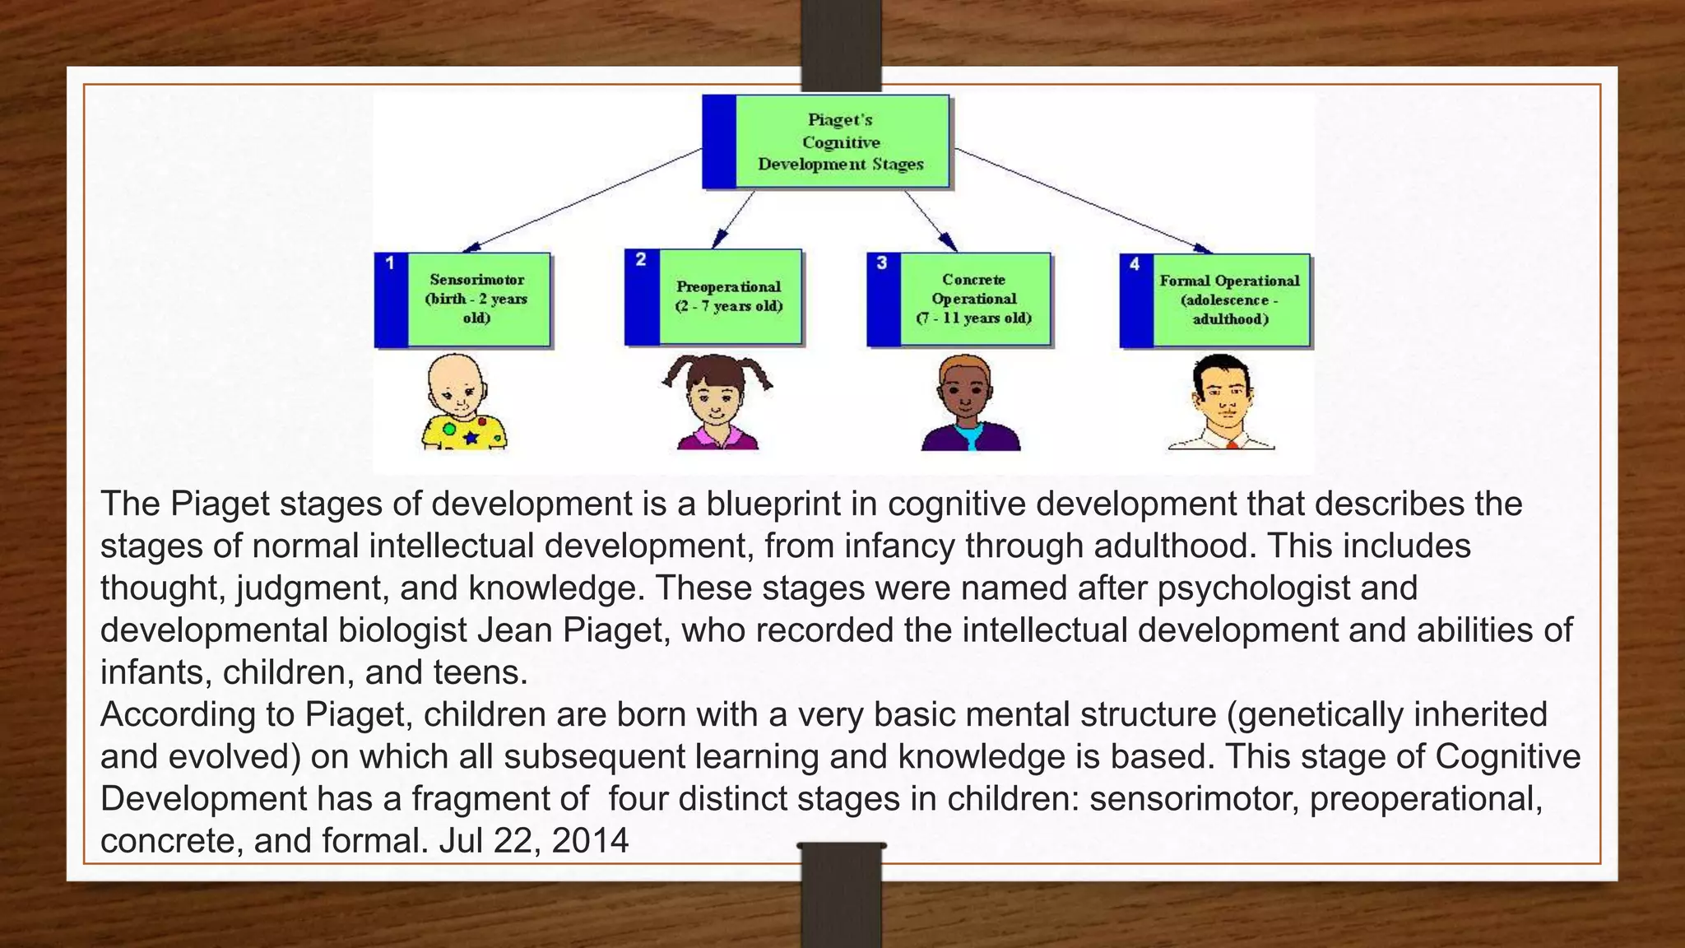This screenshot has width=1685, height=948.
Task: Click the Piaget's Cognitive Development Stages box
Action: [826, 142]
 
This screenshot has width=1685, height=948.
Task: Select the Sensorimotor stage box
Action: [462, 300]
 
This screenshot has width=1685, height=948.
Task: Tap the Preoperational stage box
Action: [713, 296]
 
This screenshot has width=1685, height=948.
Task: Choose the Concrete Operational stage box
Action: [959, 300]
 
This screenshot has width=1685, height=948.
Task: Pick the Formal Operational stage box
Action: [1214, 300]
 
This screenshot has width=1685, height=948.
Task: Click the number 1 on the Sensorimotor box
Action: [390, 263]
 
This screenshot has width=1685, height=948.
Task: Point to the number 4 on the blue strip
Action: [1135, 264]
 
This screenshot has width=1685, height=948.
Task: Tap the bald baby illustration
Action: [464, 402]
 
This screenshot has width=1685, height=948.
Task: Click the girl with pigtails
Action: [717, 402]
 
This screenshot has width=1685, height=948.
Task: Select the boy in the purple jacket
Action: [970, 404]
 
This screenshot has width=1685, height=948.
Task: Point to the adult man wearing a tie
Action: [1222, 403]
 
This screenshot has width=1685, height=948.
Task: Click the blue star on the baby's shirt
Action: [471, 438]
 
